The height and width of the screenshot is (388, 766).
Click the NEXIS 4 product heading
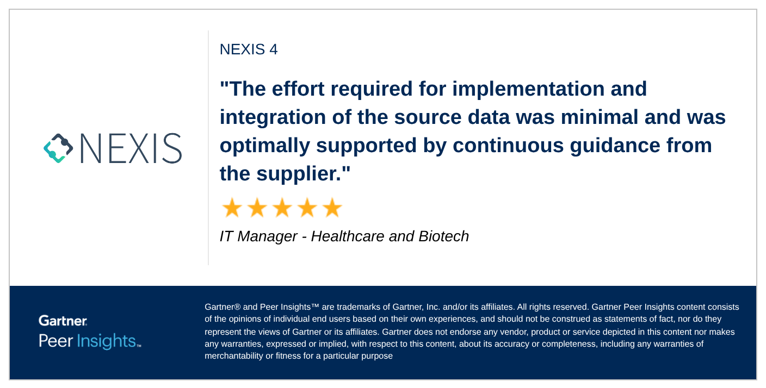tap(249, 49)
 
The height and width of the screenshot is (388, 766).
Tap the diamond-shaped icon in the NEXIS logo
tap(58, 148)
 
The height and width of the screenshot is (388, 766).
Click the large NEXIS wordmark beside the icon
tap(131, 148)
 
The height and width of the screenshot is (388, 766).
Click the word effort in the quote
tap(305, 89)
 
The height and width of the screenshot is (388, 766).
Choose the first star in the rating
tap(232, 208)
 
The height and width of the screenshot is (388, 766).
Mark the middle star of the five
tap(282, 208)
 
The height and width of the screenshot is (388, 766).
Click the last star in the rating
tap(332, 208)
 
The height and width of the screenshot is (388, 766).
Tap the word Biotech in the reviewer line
tap(443, 236)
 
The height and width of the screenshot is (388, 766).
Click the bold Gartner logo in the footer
tap(63, 321)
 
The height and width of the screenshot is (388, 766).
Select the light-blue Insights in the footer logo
tap(106, 341)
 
